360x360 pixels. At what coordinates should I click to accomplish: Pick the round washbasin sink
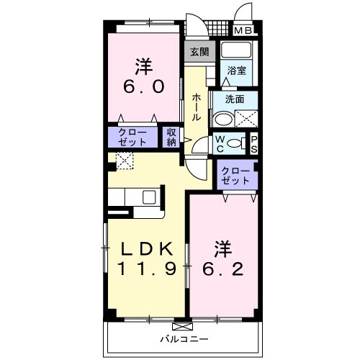click(223, 120)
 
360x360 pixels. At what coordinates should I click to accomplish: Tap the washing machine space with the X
click(245, 120)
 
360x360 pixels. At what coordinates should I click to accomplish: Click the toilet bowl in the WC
click(234, 143)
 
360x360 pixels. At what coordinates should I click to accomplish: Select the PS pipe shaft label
click(253, 143)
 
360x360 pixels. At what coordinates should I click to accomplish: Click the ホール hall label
click(197, 104)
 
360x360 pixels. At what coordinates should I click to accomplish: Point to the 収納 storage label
click(171, 136)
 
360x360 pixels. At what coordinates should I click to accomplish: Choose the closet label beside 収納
click(131, 136)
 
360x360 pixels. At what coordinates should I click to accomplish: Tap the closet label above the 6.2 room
click(236, 175)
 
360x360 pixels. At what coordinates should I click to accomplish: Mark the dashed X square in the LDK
click(124, 162)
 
